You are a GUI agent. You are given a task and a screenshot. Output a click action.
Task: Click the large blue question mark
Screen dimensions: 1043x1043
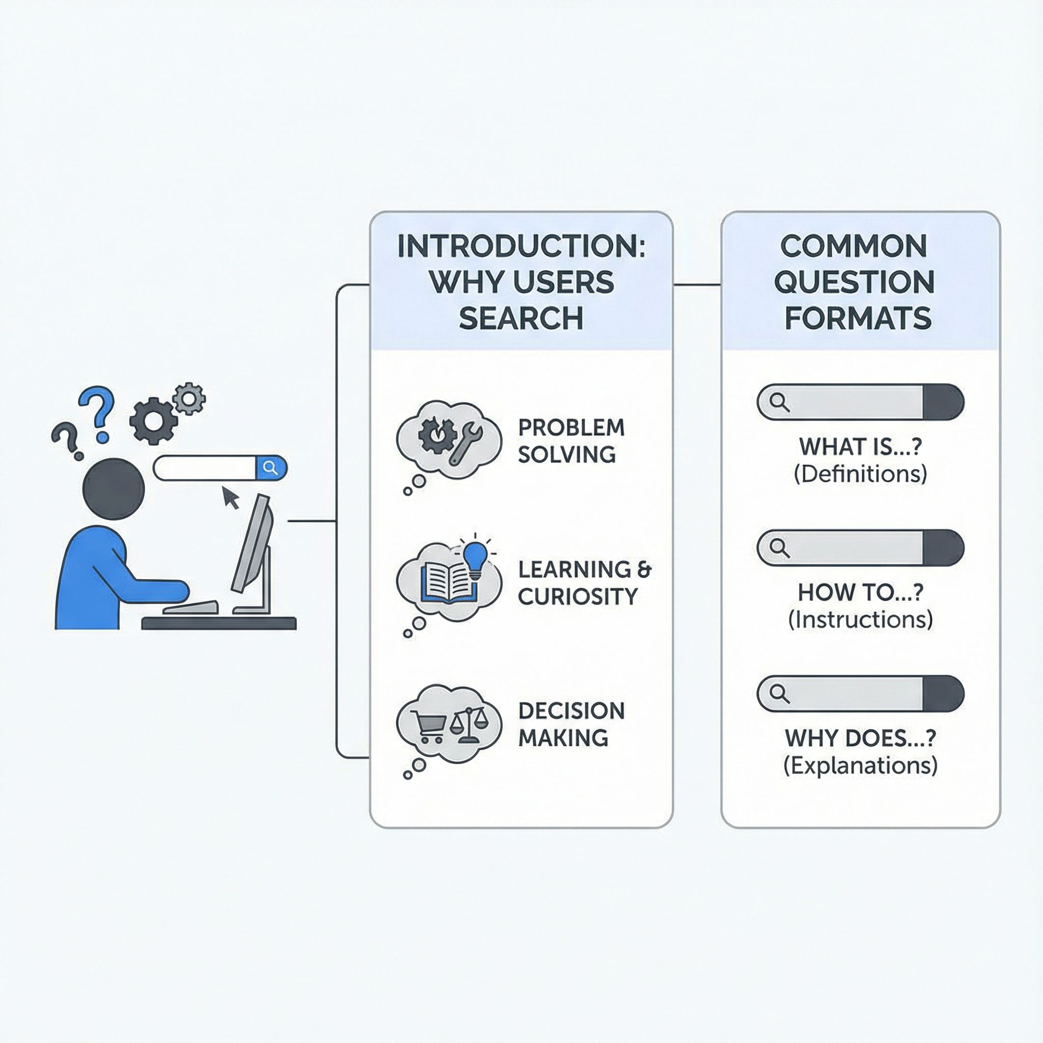coord(97,411)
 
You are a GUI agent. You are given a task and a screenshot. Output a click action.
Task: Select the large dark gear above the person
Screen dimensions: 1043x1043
coord(153,421)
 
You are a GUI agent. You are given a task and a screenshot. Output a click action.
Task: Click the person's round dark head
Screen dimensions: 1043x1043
coord(114,488)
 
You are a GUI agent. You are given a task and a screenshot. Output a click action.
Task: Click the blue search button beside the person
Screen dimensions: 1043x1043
coord(271,468)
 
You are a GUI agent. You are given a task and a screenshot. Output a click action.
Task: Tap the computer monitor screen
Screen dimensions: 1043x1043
coord(251,542)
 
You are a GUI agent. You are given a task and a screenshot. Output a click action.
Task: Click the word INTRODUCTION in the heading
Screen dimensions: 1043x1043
coord(521,246)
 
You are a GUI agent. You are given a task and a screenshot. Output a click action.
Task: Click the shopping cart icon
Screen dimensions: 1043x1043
coord(429,725)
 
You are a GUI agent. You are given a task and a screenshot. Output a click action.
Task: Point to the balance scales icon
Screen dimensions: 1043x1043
coord(468,723)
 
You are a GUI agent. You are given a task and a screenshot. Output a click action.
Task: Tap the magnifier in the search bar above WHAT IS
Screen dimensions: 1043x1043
coord(779,402)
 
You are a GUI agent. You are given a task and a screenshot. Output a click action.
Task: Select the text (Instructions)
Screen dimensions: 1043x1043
coord(860,620)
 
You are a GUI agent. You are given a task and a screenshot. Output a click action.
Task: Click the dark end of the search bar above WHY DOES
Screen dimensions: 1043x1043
coord(943,694)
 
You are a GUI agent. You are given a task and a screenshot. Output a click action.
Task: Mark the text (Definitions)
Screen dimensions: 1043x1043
coord(860,474)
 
